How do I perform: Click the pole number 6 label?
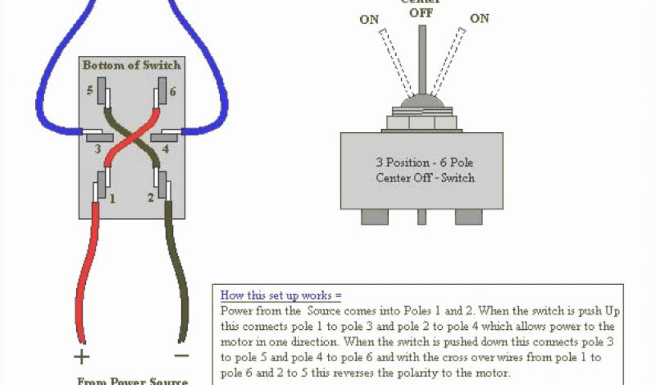tap(172, 92)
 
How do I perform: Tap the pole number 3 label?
tap(97, 150)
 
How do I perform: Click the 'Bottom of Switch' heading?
tap(131, 65)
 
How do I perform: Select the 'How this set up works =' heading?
tap(281, 296)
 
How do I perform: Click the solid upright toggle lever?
tap(422, 61)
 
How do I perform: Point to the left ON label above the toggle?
tap(369, 20)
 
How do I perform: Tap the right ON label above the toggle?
tap(479, 19)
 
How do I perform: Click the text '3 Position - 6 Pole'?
tap(424, 162)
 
